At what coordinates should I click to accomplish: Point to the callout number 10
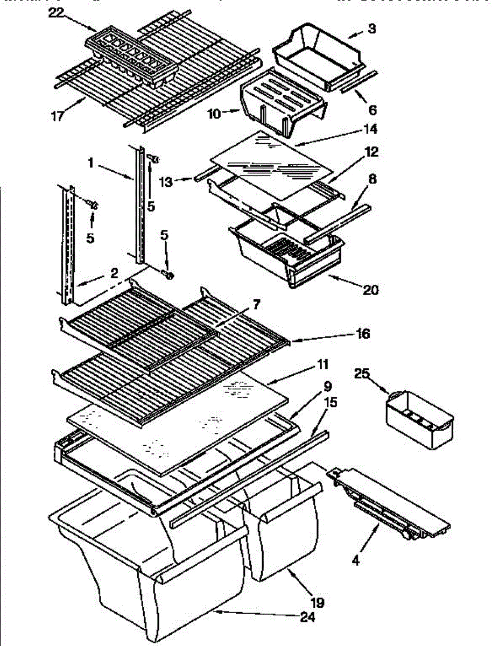point(214,113)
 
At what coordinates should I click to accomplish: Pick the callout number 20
point(370,290)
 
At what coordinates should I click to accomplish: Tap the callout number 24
point(307,618)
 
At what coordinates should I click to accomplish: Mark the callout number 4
point(355,560)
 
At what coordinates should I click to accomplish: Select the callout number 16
point(363,334)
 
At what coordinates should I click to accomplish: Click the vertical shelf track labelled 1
point(139,205)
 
